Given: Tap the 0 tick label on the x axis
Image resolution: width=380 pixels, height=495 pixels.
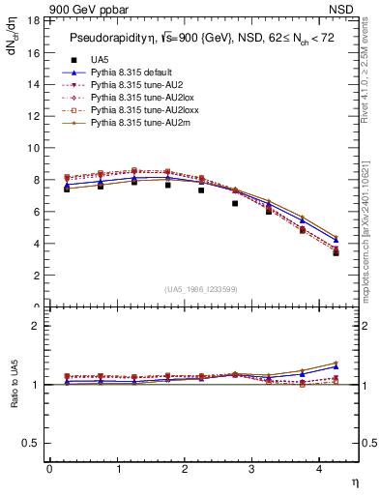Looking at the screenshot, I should tap(49, 469).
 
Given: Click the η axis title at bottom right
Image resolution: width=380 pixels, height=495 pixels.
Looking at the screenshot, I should tap(354, 480).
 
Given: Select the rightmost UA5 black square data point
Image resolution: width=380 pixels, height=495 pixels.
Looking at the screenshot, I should tap(336, 252).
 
